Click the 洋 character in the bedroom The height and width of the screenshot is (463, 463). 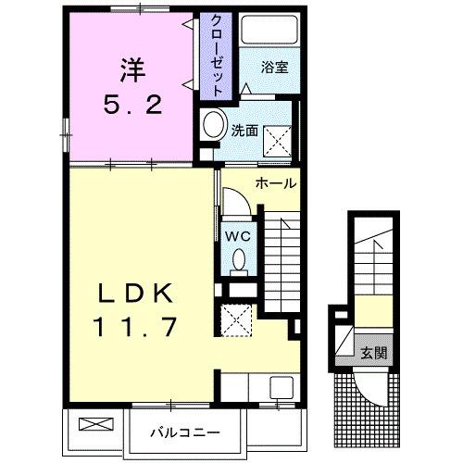pyautogui.click(x=132, y=70)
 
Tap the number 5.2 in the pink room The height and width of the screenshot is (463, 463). pyautogui.click(x=132, y=105)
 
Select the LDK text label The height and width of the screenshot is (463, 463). pyautogui.click(x=135, y=294)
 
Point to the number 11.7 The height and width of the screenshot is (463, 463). pyautogui.click(x=135, y=327)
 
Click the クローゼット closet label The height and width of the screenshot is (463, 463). pyautogui.click(x=216, y=56)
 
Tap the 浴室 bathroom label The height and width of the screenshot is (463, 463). pyautogui.click(x=274, y=68)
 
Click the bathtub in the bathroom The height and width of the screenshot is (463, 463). pyautogui.click(x=269, y=30)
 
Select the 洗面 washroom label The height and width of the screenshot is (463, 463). pyautogui.click(x=244, y=131)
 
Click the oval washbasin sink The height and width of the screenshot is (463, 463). pyautogui.click(x=214, y=123)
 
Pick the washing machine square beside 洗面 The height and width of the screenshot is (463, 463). pyautogui.click(x=277, y=141)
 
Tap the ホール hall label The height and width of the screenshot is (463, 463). pyautogui.click(x=276, y=184)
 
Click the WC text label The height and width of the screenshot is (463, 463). pyautogui.click(x=237, y=237)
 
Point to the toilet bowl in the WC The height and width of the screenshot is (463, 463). pyautogui.click(x=239, y=259)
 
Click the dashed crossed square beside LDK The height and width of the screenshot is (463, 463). pyautogui.click(x=236, y=320)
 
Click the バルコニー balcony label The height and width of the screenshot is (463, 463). pyautogui.click(x=185, y=432)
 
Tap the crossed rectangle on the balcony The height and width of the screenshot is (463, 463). pyautogui.click(x=96, y=424)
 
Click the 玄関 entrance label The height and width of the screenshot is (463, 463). pyautogui.click(x=374, y=353)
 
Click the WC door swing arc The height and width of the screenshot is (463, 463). pyautogui.click(x=244, y=196)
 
